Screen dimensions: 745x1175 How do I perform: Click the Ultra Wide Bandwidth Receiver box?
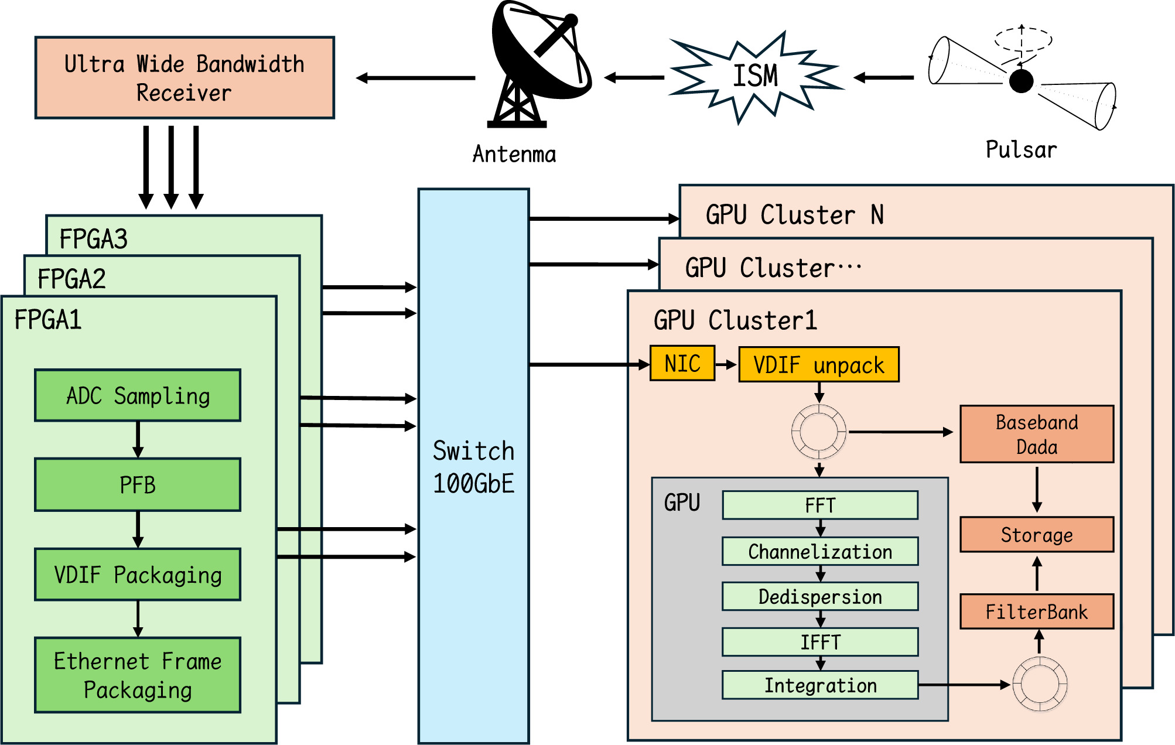pos(185,78)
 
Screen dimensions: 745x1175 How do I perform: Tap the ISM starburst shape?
pos(756,77)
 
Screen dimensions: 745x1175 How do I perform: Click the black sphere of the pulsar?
pos(1021,81)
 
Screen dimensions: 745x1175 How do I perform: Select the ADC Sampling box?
pos(138,395)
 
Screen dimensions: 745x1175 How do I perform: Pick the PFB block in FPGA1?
pos(138,485)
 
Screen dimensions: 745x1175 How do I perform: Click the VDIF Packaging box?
pos(138,575)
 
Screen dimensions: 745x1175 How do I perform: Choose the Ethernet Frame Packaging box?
pos(138,675)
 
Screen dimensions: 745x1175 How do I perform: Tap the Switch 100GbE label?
pos(473,467)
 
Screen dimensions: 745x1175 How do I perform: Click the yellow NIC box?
pos(682,364)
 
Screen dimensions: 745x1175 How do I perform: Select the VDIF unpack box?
pos(818,365)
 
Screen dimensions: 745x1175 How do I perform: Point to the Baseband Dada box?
pos(1036,434)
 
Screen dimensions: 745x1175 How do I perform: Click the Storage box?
pos(1036,534)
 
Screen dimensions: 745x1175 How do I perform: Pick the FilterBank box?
pos(1036,611)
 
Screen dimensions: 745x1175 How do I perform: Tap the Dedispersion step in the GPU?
pos(819,596)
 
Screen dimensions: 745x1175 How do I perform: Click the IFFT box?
pos(819,642)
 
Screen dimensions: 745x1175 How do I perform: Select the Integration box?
pos(819,685)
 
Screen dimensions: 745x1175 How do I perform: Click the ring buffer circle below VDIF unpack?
pos(819,432)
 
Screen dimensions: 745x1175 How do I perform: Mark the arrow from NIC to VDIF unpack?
pos(726,364)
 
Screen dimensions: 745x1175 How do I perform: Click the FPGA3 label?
pos(94,238)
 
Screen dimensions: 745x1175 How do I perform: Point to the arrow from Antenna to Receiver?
pos(416,78)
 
